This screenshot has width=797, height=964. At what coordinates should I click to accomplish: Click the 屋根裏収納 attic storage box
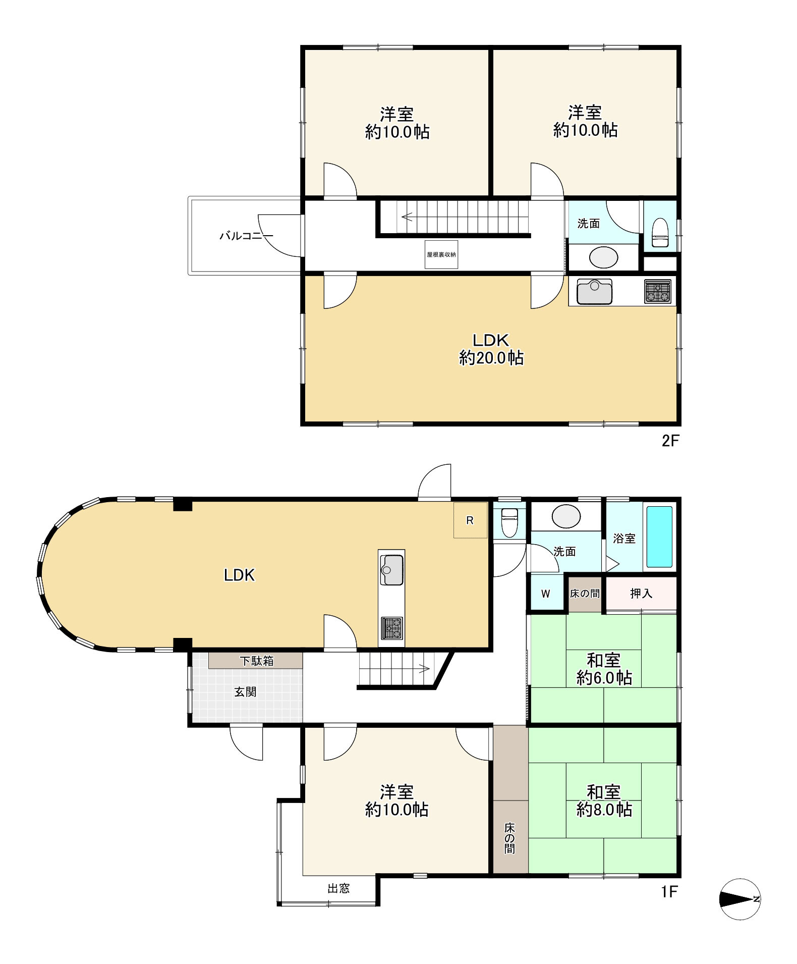point(441,254)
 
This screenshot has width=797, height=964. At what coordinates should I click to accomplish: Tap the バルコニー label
point(246,236)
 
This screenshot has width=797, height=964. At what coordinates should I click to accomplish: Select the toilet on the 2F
point(660,233)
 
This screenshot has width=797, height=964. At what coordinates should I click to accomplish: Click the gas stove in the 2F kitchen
point(658,291)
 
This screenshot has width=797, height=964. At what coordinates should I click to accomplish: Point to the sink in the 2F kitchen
point(594,291)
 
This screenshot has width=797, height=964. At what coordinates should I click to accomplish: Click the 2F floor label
point(670,441)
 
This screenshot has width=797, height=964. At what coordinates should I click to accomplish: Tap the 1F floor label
point(669,892)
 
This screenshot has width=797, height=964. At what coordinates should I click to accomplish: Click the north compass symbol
point(739,899)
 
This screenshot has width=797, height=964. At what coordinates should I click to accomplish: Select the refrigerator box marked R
point(470,520)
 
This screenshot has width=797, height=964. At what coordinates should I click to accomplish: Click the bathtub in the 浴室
point(659,537)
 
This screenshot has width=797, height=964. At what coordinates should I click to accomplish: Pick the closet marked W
point(546,594)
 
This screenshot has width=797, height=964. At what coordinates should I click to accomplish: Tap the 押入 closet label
point(641,594)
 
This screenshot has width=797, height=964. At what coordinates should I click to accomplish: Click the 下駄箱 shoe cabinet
point(256,661)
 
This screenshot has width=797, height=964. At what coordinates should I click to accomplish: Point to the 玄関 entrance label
point(246,692)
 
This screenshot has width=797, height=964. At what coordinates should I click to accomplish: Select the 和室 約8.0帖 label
point(604,800)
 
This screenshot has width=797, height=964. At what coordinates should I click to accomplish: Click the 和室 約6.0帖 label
point(604,669)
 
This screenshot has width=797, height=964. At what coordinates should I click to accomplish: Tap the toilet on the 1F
point(509,521)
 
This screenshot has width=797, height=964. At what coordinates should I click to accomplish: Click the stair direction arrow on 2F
point(413,218)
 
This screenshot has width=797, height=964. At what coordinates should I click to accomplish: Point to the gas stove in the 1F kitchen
point(391,628)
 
